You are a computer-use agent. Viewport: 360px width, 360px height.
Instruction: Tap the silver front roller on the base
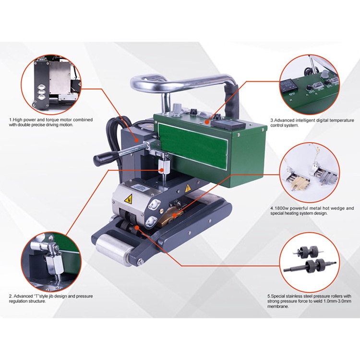(113, 249)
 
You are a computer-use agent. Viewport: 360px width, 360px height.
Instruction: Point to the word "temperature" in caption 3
(341, 120)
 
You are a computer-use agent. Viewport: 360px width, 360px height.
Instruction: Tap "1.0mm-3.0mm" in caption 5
(337, 301)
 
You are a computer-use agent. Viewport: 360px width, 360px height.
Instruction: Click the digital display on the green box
(228, 124)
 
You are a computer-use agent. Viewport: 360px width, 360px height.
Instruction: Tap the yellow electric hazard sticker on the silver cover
(128, 198)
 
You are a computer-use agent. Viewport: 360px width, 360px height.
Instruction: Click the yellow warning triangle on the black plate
(188, 188)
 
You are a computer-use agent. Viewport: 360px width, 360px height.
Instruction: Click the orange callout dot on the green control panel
(207, 122)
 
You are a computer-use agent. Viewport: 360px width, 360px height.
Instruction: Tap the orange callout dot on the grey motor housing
(137, 140)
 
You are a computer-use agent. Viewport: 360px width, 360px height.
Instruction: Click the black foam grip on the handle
(232, 100)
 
